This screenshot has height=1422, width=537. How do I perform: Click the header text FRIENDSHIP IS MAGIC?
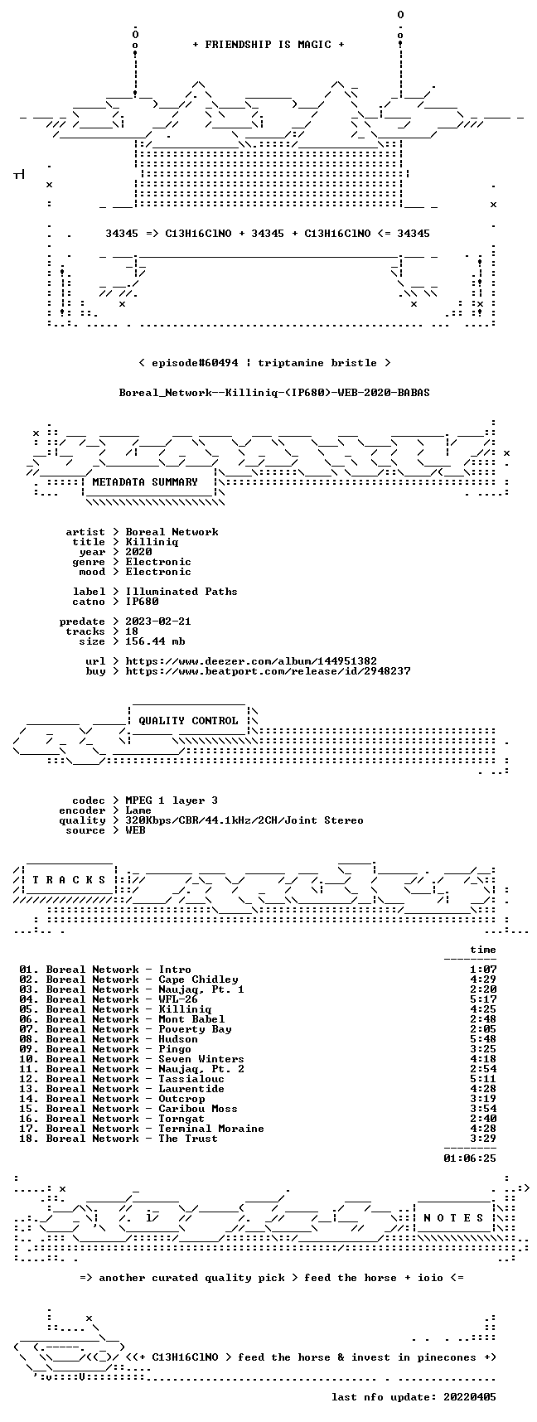(268, 45)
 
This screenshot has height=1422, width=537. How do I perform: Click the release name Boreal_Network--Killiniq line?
(274, 393)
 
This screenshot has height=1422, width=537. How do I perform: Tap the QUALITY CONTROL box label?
(188, 721)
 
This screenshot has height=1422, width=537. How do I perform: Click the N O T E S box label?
(453, 1218)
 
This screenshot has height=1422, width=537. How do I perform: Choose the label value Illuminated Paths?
(181, 592)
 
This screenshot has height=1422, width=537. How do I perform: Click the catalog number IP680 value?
(142, 602)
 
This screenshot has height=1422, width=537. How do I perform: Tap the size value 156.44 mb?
(155, 641)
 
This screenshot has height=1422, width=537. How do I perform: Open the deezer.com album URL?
(251, 661)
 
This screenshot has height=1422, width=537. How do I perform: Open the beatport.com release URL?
(268, 671)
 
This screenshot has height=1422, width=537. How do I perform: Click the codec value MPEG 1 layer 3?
(172, 800)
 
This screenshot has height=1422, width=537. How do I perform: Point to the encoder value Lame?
(138, 810)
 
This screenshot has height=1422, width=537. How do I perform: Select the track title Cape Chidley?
(198, 979)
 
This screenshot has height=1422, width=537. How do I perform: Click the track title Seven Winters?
(201, 1059)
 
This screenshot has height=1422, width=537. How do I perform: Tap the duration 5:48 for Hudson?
(483, 1039)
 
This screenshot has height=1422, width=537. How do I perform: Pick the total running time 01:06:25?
(470, 1158)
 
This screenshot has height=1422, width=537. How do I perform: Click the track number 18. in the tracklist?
(29, 1139)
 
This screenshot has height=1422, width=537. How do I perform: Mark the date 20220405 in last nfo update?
(470, 1397)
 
